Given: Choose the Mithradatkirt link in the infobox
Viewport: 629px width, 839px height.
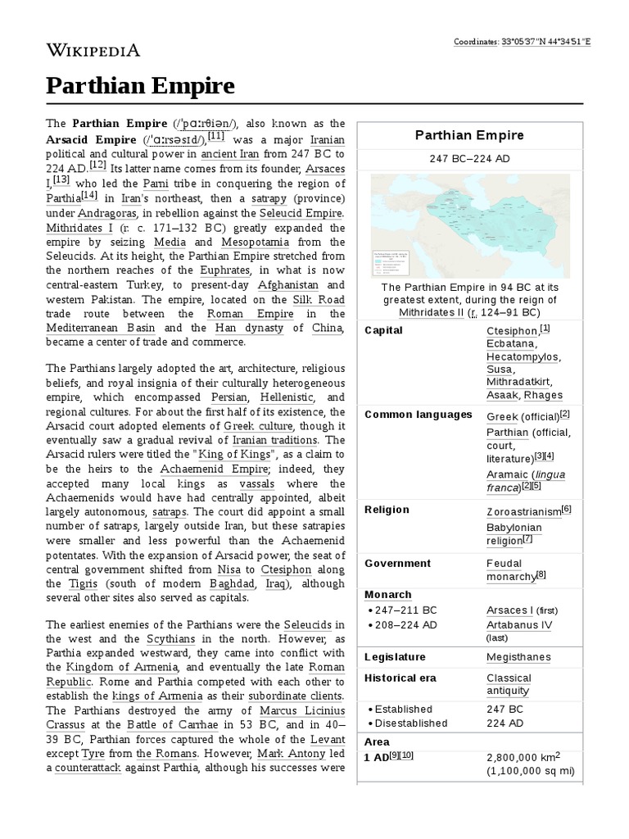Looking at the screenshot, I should pyautogui.click(x=519, y=382).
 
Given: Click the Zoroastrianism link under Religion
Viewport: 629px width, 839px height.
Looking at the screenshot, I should pyautogui.click(x=523, y=511).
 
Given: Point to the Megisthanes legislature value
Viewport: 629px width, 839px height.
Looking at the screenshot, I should pyautogui.click(x=518, y=657).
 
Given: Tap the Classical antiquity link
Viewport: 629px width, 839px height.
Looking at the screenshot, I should pyautogui.click(x=509, y=684).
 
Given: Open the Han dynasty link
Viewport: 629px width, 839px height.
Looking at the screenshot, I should pyautogui.click(x=249, y=328).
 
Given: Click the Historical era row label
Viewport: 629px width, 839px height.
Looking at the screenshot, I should pyautogui.click(x=400, y=678).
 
